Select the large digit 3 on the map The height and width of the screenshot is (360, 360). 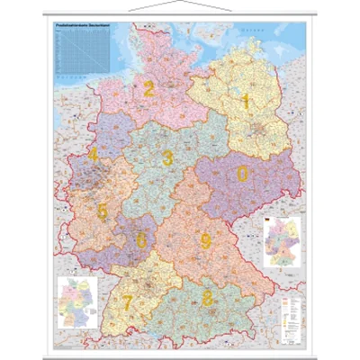[167, 158]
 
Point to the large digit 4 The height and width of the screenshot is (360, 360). [94, 155]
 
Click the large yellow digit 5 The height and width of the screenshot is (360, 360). [102, 212]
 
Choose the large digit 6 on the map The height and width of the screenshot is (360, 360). [141, 240]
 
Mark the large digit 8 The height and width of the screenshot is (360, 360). [208, 298]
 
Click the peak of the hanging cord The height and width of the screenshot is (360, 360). [180, 3]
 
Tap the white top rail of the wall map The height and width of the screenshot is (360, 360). [180, 18]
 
